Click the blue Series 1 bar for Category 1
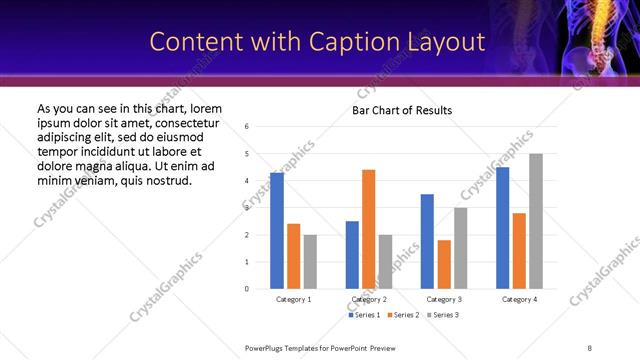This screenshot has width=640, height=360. tap(277, 231)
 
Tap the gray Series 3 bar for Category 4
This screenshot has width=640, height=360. tap(536, 221)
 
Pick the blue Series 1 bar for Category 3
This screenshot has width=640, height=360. tap(427, 241)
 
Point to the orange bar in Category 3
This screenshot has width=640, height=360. tap(444, 264)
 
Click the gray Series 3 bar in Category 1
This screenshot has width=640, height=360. tap(310, 262)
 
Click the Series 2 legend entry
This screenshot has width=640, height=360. tap(403, 315)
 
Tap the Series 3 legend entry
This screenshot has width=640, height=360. tap(443, 315)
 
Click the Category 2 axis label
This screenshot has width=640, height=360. tap(368, 299)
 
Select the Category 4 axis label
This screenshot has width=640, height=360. tap(519, 299)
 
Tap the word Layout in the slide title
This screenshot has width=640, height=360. tap(452, 42)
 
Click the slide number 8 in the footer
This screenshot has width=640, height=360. tap(589, 347)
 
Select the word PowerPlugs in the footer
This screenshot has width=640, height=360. tap(267, 347)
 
